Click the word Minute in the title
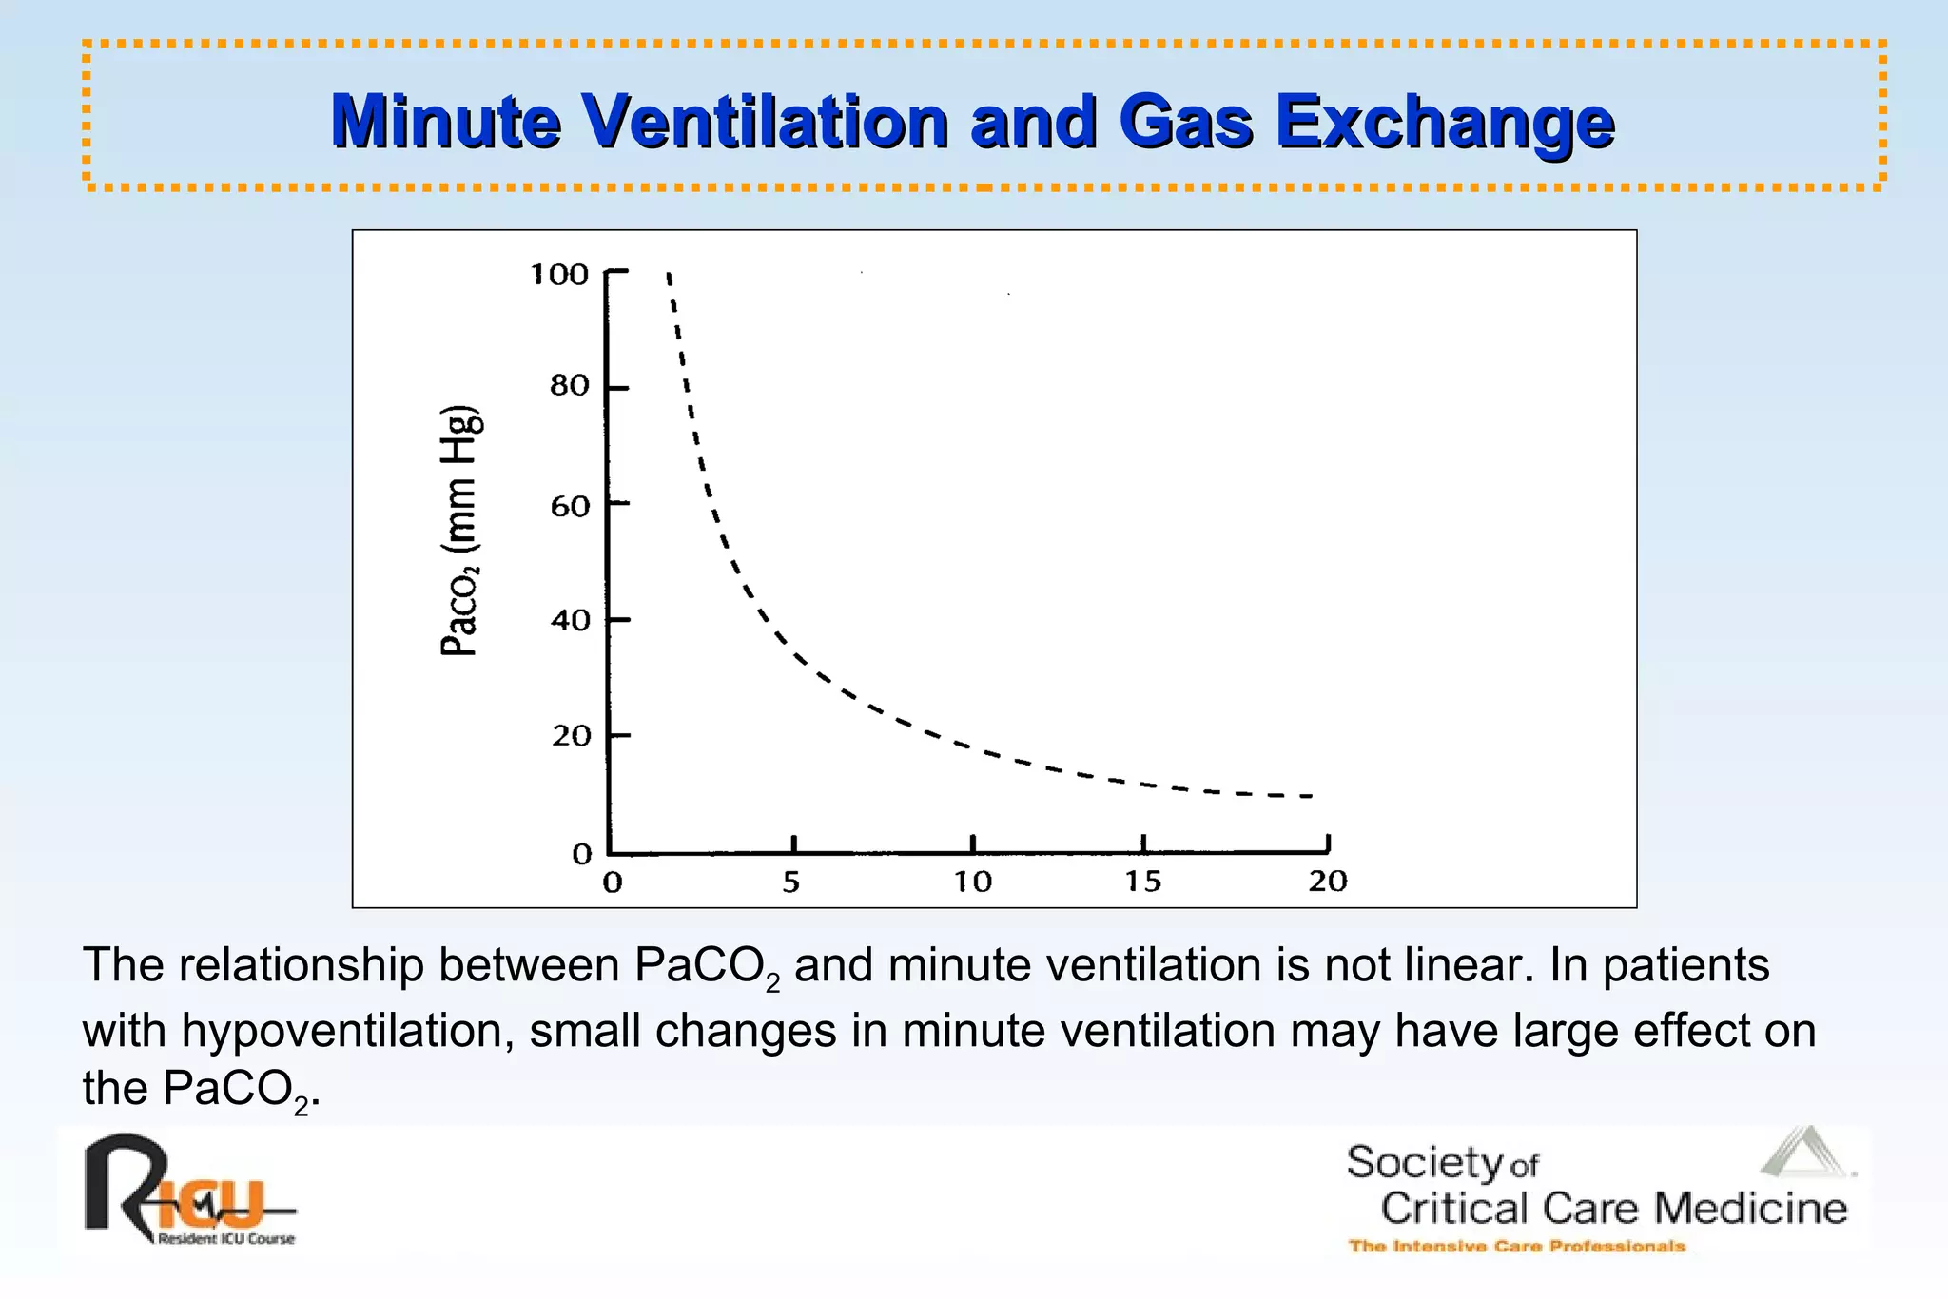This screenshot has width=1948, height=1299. [x=445, y=122]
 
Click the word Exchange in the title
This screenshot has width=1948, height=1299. [x=1444, y=122]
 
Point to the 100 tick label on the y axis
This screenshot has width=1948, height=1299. [x=559, y=275]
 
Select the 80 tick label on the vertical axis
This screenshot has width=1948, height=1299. [x=570, y=386]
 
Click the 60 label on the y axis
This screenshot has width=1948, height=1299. [x=570, y=506]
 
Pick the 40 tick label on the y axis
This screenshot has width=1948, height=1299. [x=570, y=621]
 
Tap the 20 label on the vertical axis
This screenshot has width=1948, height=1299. [x=571, y=736]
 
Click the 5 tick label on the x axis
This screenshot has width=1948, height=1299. [x=791, y=882]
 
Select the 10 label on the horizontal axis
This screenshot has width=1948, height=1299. [x=973, y=882]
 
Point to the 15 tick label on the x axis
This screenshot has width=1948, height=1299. [x=1143, y=882]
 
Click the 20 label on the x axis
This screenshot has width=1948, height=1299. [x=1328, y=882]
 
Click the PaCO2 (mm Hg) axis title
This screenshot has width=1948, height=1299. [x=461, y=531]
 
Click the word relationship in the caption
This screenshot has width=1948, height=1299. [x=301, y=965]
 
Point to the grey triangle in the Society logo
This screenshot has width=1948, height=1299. [x=1804, y=1154]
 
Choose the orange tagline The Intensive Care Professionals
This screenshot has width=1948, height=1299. [x=1516, y=1246]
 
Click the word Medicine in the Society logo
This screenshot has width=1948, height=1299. [x=1750, y=1209]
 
